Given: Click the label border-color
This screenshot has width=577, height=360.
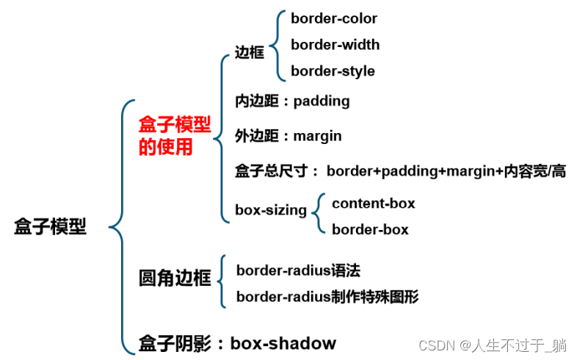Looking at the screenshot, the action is tap(334, 18).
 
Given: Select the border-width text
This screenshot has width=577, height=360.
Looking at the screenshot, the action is tap(335, 45).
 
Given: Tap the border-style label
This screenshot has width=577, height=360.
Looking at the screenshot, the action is tap(333, 71).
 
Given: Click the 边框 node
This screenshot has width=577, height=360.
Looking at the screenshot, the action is tap(250, 52).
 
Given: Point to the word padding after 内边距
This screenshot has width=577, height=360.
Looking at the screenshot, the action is tap(322, 101).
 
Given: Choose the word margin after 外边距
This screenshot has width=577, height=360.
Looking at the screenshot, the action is tap(317, 136).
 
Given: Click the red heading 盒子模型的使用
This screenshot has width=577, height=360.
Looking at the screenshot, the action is tap(175, 135).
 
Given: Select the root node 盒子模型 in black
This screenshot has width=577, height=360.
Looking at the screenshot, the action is tap(50, 226).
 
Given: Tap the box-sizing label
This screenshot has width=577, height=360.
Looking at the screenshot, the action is tap(271, 210).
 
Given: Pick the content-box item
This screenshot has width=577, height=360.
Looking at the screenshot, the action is tap(374, 204).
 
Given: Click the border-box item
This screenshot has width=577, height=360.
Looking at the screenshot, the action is tap(370, 230).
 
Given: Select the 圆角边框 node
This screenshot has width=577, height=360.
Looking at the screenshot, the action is tap(175, 278).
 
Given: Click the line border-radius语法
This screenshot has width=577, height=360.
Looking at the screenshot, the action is tap(299, 270).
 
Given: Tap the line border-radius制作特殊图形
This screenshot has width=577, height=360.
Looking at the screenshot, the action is tap(327, 297).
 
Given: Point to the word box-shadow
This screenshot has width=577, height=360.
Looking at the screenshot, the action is tap(283, 343).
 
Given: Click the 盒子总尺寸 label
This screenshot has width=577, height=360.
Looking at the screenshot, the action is tap(272, 171).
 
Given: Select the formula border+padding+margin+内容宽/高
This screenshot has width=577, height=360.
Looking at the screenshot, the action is tap(446, 171).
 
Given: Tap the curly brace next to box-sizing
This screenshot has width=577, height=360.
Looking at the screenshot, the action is tap(318, 213).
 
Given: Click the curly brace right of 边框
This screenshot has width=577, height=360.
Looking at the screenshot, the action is tap(277, 46).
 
